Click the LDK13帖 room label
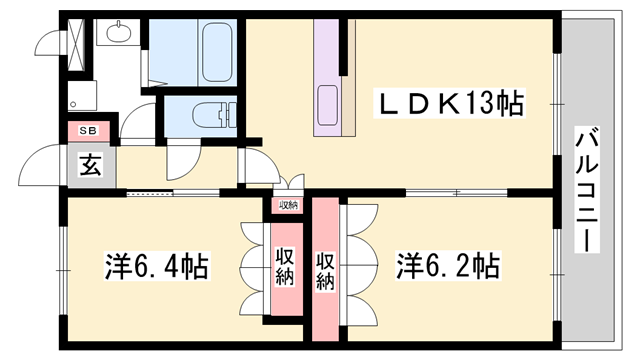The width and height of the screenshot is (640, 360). point(450,103)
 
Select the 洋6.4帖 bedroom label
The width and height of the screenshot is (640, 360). point(157,267)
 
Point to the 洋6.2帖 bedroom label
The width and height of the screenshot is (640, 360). point(447,267)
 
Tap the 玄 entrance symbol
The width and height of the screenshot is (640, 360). point(90,166)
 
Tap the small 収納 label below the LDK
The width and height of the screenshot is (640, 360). point(288,205)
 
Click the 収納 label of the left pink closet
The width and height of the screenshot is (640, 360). point(285,266)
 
